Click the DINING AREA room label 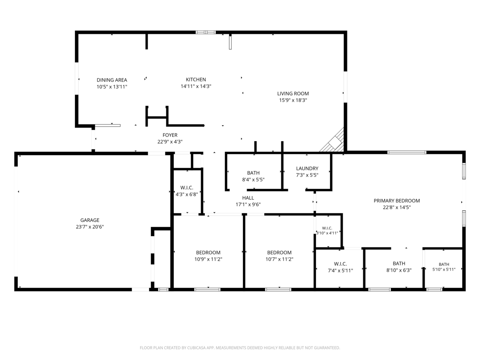click(112, 80)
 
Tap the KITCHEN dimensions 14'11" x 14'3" click(196, 86)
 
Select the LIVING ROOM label click(293, 93)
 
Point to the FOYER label click(170, 135)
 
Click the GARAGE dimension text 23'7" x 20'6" click(90, 227)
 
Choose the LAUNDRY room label click(307, 168)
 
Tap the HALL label click(248, 198)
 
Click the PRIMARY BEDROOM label click(397, 201)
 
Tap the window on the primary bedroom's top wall click(407, 152)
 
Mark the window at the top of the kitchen click(206, 32)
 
